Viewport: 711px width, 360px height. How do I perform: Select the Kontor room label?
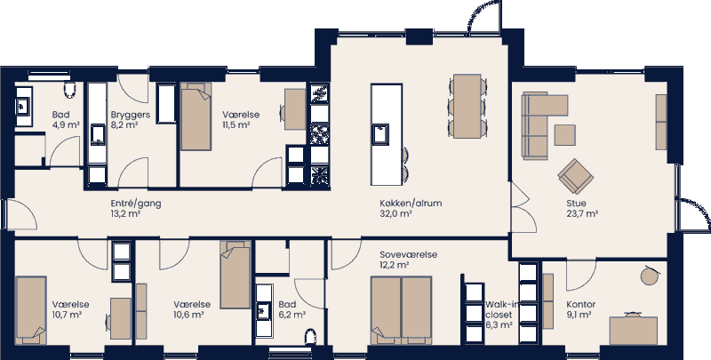click(580, 305)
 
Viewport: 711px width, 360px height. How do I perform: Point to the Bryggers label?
click(128, 115)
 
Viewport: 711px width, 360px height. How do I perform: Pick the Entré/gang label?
click(135, 203)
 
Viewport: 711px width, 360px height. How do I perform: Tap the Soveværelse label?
click(408, 254)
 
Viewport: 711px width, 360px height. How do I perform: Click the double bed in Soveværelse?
click(401, 308)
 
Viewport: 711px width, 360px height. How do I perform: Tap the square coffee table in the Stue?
click(565, 134)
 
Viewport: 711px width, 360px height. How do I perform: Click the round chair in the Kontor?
click(650, 277)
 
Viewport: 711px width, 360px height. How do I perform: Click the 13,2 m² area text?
click(125, 214)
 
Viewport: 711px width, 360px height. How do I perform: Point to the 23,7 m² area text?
click(581, 214)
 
